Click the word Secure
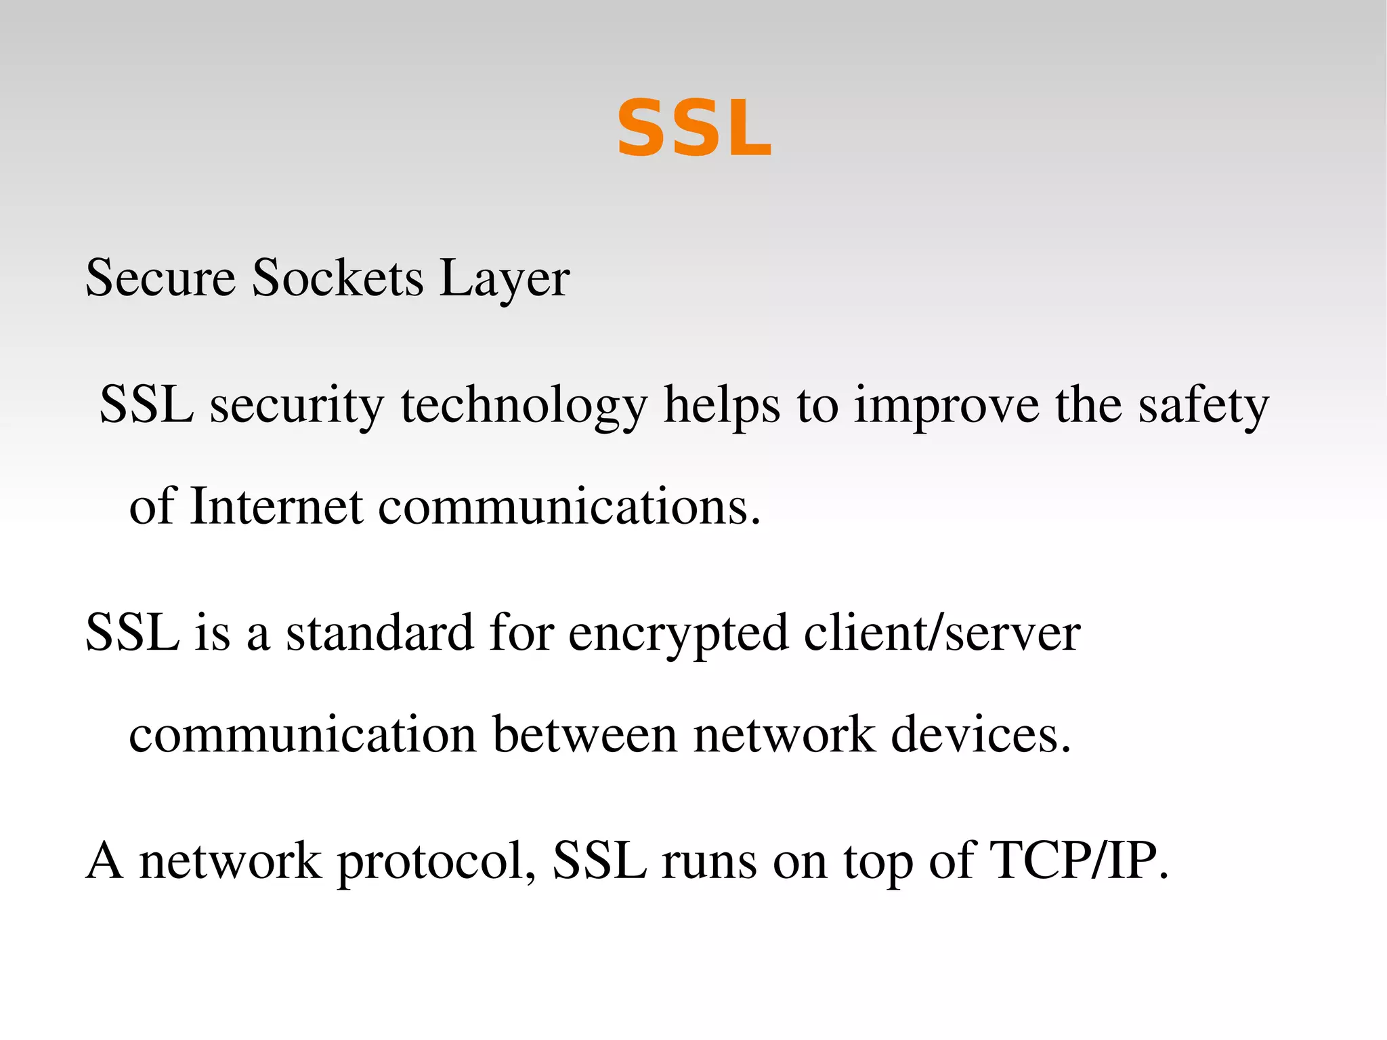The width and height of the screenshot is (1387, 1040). pyautogui.click(x=161, y=278)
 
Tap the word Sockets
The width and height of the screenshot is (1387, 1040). pyautogui.click(x=337, y=278)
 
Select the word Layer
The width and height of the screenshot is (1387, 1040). pyautogui.click(x=504, y=279)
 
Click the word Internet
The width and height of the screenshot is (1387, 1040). pyautogui.click(x=276, y=507)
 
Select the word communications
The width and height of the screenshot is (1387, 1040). pyautogui.click(x=569, y=507)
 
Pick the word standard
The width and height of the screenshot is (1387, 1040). pyautogui.click(x=379, y=633)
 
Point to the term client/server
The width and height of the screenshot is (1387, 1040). pyautogui.click(x=942, y=633)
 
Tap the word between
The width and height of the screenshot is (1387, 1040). pyautogui.click(x=584, y=734)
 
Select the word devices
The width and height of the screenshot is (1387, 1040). pyautogui.click(x=981, y=734)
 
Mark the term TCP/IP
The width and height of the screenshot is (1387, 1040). pyautogui.click(x=1079, y=860)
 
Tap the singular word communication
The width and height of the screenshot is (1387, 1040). pyautogui.click(x=303, y=734)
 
